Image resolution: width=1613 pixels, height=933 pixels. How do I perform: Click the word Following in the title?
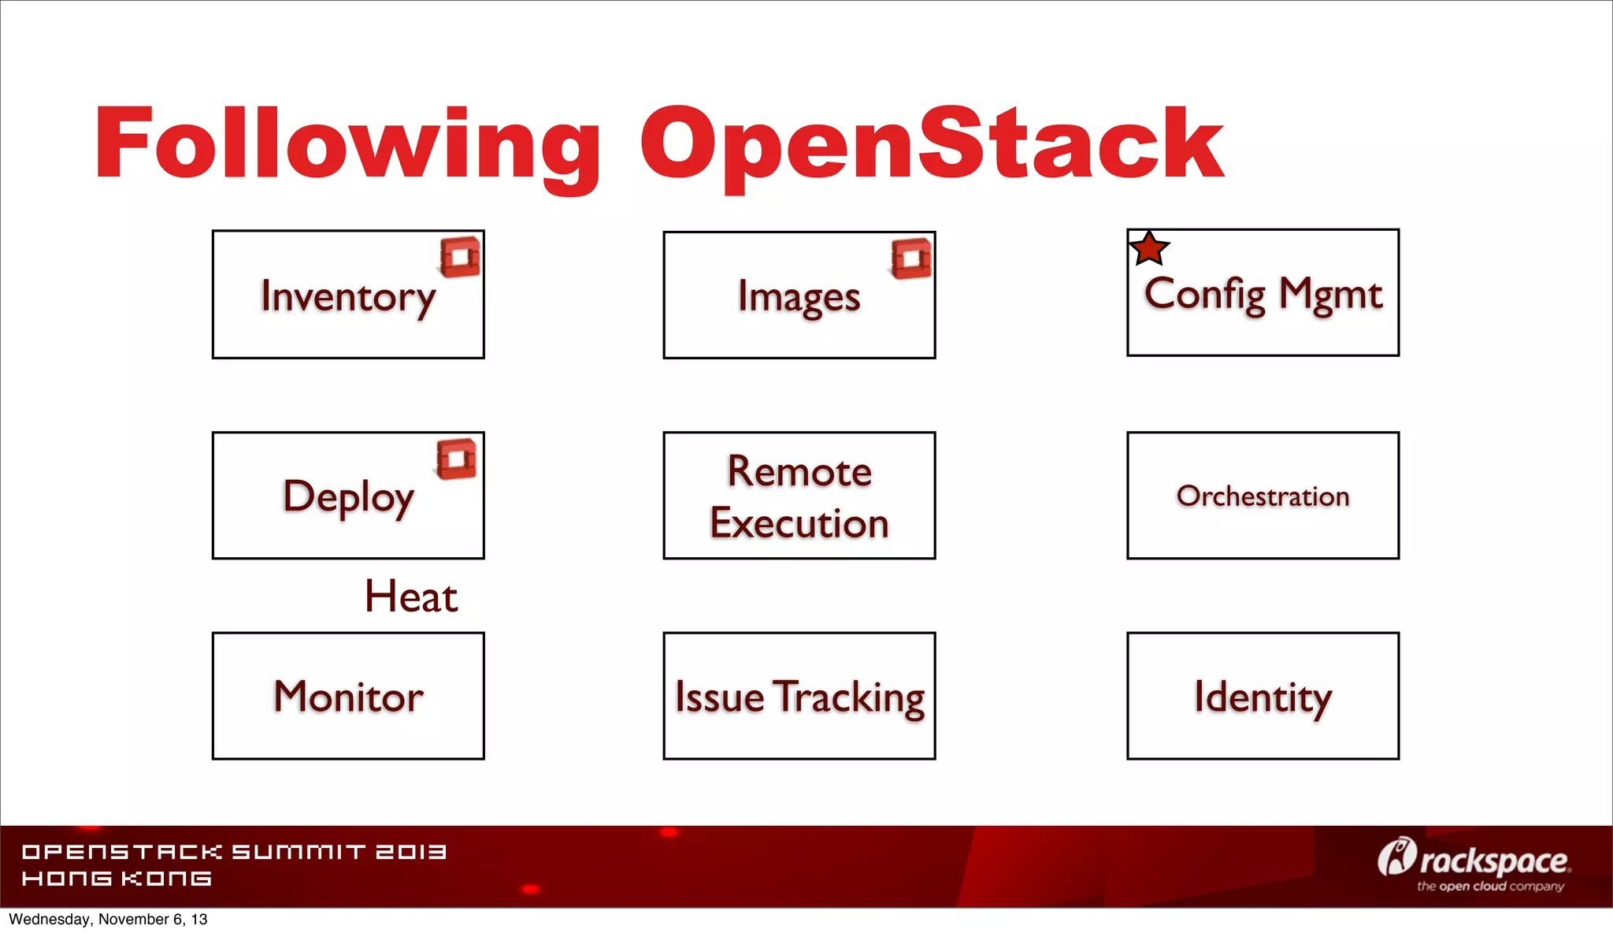coord(347,146)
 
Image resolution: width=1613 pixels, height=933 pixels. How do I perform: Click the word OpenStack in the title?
coord(932,146)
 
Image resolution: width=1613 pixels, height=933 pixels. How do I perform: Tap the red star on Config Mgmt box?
coord(1149,249)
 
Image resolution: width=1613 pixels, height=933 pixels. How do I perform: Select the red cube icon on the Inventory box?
coord(461,257)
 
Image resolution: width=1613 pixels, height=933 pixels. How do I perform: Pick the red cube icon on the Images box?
coord(911,258)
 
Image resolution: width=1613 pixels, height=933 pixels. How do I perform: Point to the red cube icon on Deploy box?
coord(457,459)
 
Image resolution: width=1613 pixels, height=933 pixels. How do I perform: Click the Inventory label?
coord(348,297)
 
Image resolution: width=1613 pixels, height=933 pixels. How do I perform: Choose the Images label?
coord(799,298)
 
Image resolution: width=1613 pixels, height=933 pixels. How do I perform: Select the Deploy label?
coord(348,497)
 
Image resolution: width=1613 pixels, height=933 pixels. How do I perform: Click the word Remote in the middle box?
coord(799,471)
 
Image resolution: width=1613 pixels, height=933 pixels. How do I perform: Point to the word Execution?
coord(799,523)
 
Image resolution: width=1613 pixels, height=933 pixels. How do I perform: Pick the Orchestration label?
coord(1263,496)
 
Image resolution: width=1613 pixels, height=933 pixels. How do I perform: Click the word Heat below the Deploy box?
coord(410,597)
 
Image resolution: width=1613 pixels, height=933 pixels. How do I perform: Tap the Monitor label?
coord(348,697)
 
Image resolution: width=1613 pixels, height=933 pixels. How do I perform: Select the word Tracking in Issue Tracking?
coord(848,697)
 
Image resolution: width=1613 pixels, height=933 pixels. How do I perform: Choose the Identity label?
coord(1263,697)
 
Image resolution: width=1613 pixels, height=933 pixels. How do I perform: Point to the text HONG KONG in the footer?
coord(117,879)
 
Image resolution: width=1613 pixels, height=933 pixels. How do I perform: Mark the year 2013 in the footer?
coord(410,852)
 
